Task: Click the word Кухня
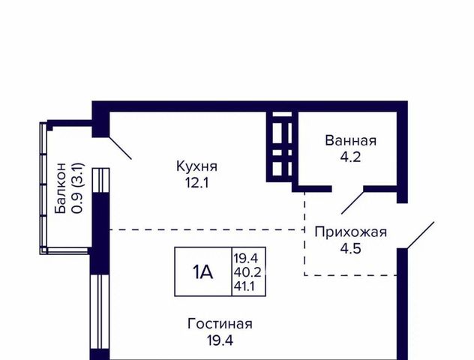click(x=196, y=166)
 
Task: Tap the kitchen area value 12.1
click(x=197, y=183)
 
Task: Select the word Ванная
click(x=351, y=141)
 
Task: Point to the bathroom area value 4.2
click(x=350, y=157)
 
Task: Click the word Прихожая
click(x=351, y=232)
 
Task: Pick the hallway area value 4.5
click(x=351, y=249)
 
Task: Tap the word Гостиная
click(x=220, y=324)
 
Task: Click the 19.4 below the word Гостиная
click(x=220, y=340)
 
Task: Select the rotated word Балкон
click(x=61, y=188)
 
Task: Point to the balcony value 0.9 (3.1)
click(x=77, y=188)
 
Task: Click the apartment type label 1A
click(x=202, y=272)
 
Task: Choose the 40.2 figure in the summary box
click(x=247, y=272)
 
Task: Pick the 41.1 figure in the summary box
click(x=244, y=286)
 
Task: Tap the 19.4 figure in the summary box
click(x=245, y=259)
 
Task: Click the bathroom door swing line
click(x=352, y=202)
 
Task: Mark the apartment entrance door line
click(x=421, y=235)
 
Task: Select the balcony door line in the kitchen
click(x=120, y=148)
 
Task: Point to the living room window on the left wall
click(x=100, y=312)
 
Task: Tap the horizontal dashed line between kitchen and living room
click(x=207, y=229)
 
